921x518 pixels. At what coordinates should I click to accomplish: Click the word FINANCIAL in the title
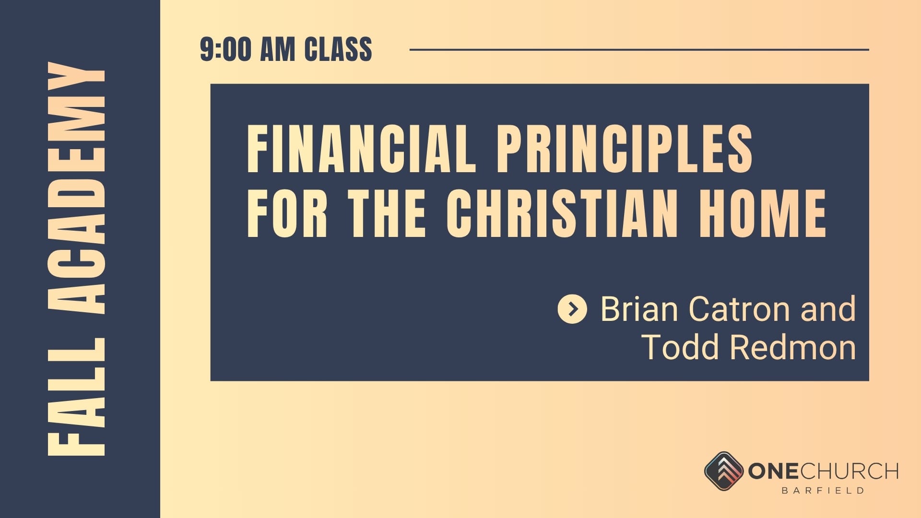point(362,148)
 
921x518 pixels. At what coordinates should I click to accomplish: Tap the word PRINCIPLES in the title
point(625,148)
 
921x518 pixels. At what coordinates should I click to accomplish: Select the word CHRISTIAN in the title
point(562,213)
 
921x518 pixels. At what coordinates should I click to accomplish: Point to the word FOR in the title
point(287,213)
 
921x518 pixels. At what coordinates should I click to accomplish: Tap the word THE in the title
point(387,213)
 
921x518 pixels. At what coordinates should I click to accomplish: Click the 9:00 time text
point(225,49)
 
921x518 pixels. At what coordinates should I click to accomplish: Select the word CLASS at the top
point(338,49)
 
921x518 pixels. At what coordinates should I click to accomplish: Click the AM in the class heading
point(277,49)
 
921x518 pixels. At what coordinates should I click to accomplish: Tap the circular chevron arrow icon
point(572,309)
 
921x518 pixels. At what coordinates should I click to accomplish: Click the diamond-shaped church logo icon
point(724,471)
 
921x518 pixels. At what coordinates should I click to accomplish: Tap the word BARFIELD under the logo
point(823,491)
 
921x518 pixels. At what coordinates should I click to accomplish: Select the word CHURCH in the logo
point(849,471)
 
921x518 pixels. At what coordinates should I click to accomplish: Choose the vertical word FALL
point(76,396)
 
